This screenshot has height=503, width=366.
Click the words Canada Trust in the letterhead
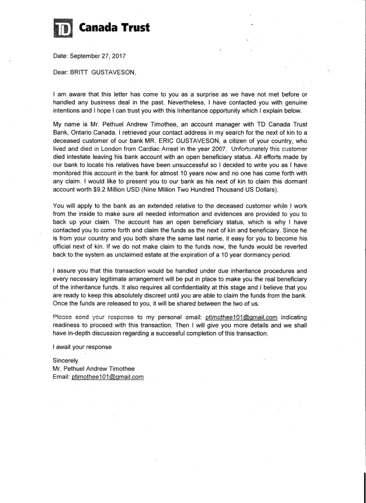click(114, 28)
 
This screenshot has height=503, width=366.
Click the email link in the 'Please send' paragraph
click(242, 317)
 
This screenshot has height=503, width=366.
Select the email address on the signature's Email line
click(108, 377)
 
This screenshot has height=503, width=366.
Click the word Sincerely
click(66, 360)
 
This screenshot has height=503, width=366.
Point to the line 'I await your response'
click(82, 347)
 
